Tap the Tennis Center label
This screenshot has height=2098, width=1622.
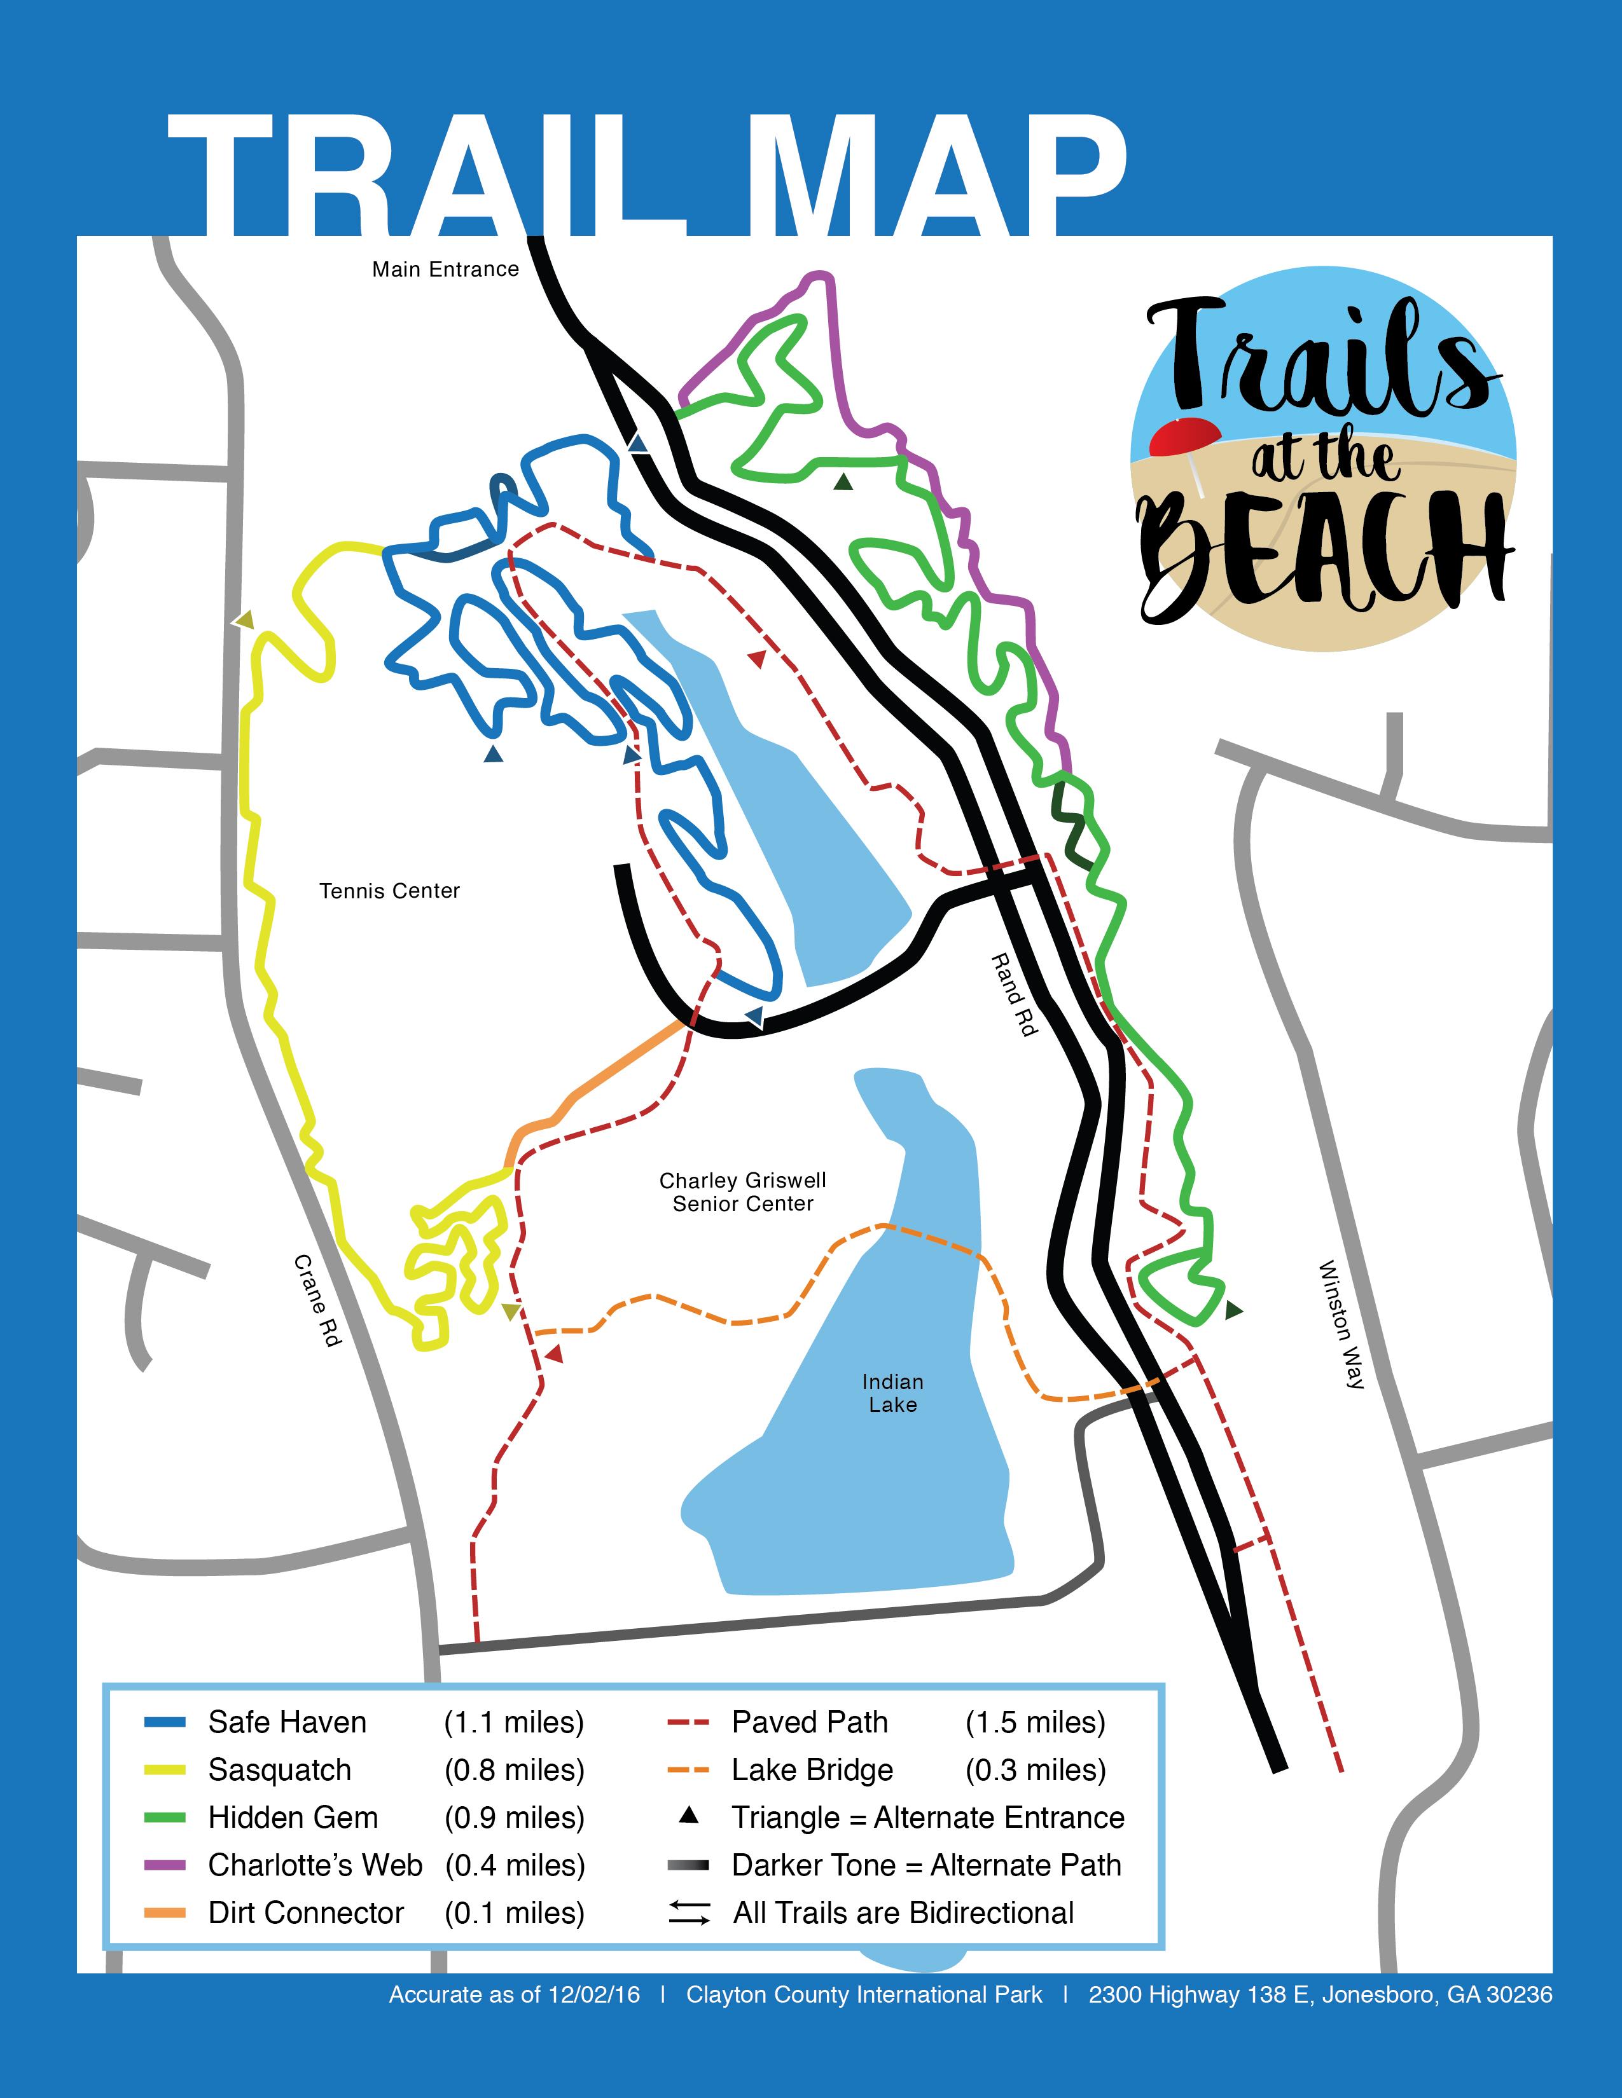pyautogui.click(x=389, y=891)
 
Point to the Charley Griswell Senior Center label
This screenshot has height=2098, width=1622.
pyautogui.click(x=743, y=1192)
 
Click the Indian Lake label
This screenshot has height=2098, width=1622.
pyautogui.click(x=892, y=1393)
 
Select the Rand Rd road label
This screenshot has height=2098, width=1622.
pyautogui.click(x=1015, y=994)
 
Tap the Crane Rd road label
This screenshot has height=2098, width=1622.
pyautogui.click(x=318, y=1299)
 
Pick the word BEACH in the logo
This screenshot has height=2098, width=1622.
pyautogui.click(x=1321, y=553)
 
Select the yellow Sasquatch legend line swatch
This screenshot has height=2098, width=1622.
pyautogui.click(x=164, y=1771)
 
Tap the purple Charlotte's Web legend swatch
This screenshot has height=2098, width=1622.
pyautogui.click(x=164, y=1865)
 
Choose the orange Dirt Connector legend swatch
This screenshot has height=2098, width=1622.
pyautogui.click(x=164, y=1914)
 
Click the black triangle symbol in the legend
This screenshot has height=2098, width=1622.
pyautogui.click(x=688, y=1816)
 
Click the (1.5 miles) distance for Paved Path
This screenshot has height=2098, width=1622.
pyautogui.click(x=1035, y=1722)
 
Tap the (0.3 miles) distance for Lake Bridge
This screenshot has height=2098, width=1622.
pyautogui.click(x=1035, y=1771)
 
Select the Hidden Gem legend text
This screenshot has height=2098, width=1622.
pyautogui.click(x=293, y=1818)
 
